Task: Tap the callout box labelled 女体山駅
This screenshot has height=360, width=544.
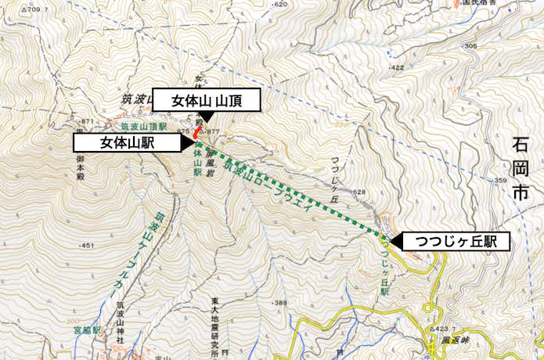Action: coord(127,142)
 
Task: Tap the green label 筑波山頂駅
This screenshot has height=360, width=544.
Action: coord(144,124)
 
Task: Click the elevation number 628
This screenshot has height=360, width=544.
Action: coord(359,192)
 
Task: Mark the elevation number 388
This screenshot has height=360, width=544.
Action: coord(279,303)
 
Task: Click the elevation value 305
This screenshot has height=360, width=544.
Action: coord(470,46)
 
